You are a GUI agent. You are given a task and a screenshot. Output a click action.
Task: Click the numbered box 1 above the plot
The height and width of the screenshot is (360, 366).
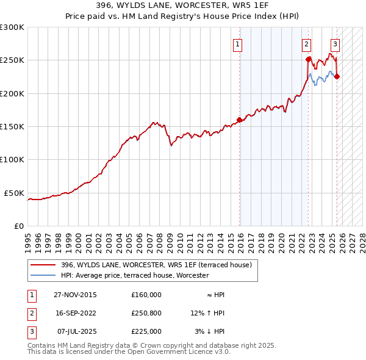click(x=237, y=44)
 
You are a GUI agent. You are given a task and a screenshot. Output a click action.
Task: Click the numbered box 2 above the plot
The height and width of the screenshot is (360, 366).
click(x=306, y=44)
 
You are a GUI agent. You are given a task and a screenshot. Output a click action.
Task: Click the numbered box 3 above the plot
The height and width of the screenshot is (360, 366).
click(x=335, y=44)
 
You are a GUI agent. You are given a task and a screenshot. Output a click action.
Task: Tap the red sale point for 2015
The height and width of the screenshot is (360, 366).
click(x=240, y=120)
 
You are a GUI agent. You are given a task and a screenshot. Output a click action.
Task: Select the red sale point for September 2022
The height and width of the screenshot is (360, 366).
click(x=309, y=60)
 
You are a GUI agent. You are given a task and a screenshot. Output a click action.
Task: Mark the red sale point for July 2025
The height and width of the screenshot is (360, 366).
click(x=337, y=76)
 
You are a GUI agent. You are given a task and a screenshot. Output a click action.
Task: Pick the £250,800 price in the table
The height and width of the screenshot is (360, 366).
click(x=146, y=313)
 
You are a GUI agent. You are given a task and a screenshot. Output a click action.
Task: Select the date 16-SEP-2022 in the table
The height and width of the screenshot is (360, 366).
click(x=75, y=313)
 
